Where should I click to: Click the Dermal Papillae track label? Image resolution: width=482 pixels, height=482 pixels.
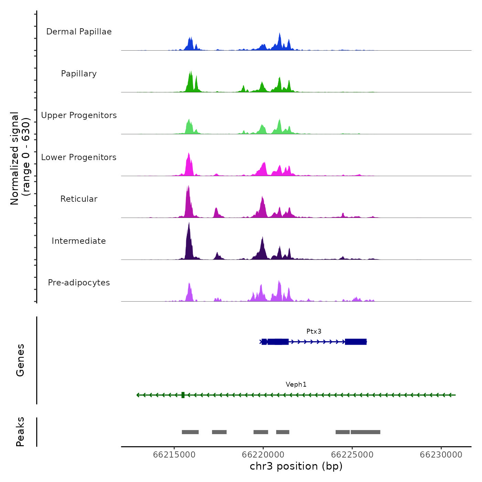(x=79, y=32)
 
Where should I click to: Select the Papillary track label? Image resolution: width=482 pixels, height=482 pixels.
(x=79, y=74)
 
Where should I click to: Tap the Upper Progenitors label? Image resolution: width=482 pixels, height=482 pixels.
(x=79, y=115)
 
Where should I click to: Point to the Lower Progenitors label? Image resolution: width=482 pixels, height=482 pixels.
(x=79, y=157)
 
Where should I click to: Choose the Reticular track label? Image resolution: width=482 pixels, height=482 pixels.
(x=79, y=199)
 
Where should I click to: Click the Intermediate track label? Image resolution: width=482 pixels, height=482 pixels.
(x=79, y=241)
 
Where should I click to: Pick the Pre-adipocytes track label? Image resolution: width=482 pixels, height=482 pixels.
(x=79, y=283)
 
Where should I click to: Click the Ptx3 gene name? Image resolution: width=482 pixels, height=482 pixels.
(x=314, y=332)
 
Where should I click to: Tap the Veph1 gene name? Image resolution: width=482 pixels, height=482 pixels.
(x=296, y=385)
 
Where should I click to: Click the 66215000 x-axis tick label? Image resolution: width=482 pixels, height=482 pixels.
(x=174, y=455)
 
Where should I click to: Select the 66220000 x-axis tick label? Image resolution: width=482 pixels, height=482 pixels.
(x=263, y=455)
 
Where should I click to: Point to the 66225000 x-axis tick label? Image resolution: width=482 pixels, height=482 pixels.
(x=352, y=455)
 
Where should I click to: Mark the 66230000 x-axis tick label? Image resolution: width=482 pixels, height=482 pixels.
(x=441, y=455)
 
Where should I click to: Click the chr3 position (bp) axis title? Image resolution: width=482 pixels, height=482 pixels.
(x=296, y=467)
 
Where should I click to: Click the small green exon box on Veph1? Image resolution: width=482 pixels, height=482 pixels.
(x=183, y=395)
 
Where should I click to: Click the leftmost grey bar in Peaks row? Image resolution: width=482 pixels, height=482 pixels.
(x=190, y=432)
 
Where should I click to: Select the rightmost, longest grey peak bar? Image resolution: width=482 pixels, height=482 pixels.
(x=365, y=432)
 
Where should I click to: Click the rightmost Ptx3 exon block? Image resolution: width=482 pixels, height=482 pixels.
(x=356, y=342)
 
